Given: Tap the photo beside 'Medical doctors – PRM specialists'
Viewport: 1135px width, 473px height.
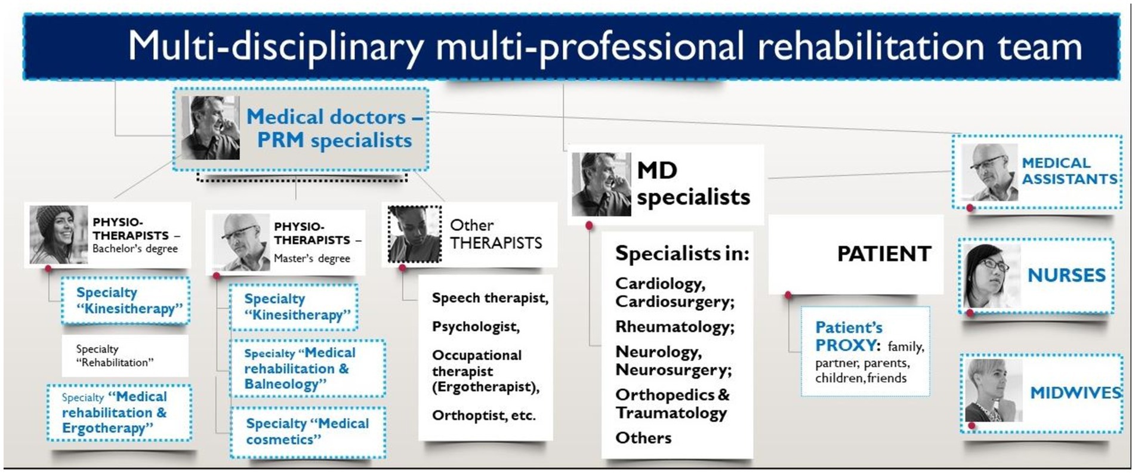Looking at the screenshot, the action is coord(211,128).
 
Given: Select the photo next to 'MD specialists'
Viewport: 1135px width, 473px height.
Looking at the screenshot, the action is coord(601,184).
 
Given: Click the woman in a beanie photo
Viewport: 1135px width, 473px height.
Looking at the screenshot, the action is coord(58,235).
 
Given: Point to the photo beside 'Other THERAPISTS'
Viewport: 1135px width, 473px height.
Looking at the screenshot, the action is coord(415,234).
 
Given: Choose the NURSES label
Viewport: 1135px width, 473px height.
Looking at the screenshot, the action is coord(1066,275).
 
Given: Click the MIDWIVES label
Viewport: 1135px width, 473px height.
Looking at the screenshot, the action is coord(1076,392).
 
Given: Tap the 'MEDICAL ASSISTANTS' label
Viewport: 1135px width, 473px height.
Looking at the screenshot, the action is coord(1069,171).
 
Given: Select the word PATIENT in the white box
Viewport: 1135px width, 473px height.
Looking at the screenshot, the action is coord(884,254).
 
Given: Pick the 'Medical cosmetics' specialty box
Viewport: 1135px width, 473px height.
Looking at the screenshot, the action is coord(308,432).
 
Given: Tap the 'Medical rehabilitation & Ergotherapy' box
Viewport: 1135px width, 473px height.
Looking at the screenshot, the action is coord(119,413).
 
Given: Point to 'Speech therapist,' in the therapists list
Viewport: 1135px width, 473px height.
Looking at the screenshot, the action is coord(490,298).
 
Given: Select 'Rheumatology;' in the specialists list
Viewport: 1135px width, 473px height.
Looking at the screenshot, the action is coord(675,327).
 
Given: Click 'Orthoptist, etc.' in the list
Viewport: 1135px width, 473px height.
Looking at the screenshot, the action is coord(483,416).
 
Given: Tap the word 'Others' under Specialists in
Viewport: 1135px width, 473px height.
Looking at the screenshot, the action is coord(643,438).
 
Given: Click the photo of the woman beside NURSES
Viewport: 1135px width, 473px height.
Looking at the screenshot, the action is coord(992,276).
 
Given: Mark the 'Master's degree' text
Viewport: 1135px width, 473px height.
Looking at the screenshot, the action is coord(312,258).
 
